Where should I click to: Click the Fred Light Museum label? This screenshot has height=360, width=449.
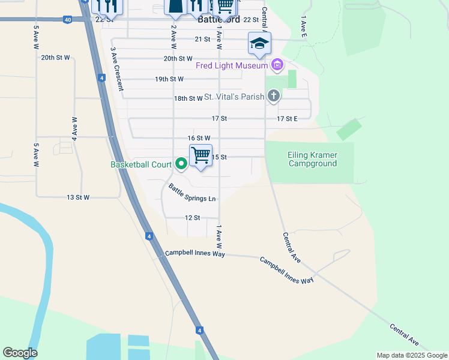232,64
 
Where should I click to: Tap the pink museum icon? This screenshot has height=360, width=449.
277,64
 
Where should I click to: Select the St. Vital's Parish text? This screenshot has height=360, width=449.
235,97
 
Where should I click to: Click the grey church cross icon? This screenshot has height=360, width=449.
274,96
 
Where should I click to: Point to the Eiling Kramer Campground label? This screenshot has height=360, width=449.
312,159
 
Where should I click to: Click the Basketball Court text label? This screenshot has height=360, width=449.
140,164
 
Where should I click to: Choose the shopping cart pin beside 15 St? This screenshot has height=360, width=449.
201,155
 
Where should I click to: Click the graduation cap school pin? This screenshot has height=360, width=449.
259,43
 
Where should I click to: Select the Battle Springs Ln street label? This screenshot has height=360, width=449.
192,194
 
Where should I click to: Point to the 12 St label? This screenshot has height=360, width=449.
192,218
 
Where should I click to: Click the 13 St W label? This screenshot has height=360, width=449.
78,197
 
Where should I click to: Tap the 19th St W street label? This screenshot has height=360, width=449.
169,79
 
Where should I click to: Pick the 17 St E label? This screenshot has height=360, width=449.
288,119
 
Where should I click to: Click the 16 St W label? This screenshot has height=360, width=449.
198,138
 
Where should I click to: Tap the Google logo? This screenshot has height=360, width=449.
20,353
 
